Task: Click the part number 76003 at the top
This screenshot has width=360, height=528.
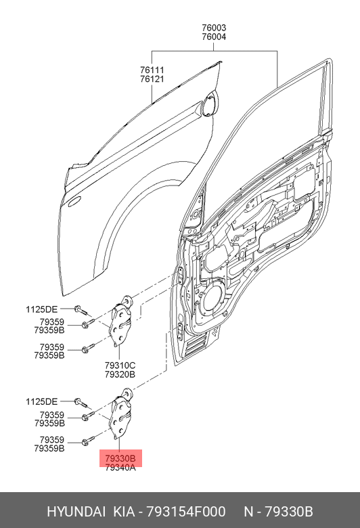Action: point(214,28)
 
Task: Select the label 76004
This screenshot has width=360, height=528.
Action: point(214,37)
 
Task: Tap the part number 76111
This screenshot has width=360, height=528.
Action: point(152,70)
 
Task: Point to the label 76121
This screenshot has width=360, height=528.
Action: point(152,79)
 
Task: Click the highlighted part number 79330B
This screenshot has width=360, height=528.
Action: point(120,459)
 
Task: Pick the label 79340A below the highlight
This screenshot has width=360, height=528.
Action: point(120,467)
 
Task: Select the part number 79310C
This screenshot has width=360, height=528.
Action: point(120,366)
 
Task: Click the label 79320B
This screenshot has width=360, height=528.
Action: point(120,374)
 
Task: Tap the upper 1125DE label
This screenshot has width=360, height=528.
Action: point(42,309)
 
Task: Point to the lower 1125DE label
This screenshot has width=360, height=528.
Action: point(42,401)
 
